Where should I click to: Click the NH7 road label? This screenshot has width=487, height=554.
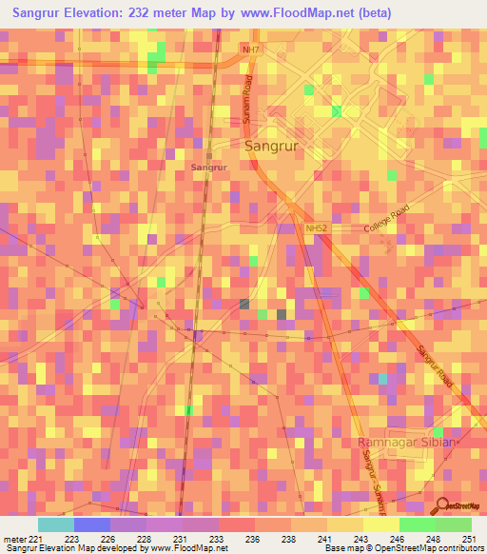point(250,49)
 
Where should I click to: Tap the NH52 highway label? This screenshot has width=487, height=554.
point(316,228)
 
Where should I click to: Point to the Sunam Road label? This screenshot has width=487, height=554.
point(249,99)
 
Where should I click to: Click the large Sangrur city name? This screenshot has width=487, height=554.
point(273,147)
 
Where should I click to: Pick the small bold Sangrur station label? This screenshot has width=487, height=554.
point(209,167)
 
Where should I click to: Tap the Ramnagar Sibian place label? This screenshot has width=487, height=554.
point(407,444)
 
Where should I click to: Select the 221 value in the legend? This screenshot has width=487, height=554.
point(36,539)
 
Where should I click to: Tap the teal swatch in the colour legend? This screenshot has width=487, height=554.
point(55,524)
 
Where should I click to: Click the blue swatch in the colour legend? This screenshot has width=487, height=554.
point(91,524)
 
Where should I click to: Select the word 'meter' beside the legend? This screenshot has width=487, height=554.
point(12,539)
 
